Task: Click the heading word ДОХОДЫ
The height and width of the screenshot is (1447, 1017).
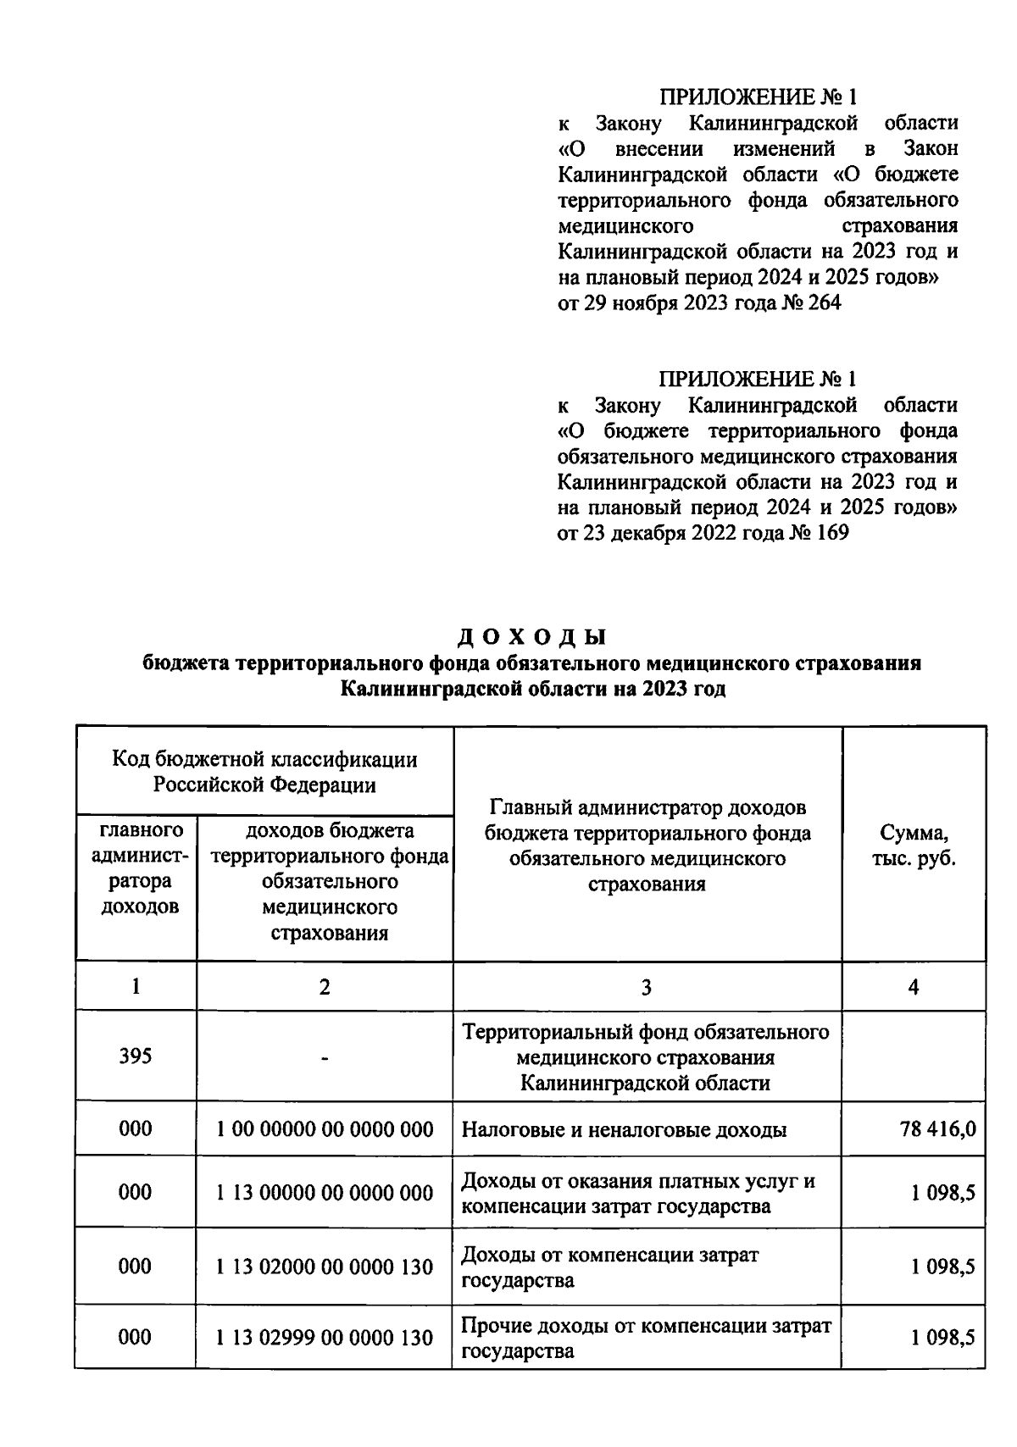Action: point(533,637)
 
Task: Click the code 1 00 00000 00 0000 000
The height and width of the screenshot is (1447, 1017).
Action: point(325,1128)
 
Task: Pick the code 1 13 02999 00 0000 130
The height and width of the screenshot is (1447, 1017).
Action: point(325,1338)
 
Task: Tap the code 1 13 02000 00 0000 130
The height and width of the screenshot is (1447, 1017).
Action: point(325,1267)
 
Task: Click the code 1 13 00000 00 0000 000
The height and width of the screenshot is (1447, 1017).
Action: point(325,1193)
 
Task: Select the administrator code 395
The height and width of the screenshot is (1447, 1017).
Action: point(136,1056)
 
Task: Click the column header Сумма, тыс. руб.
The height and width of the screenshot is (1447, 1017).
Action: point(914,845)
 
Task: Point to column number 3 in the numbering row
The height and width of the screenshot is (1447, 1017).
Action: point(647,987)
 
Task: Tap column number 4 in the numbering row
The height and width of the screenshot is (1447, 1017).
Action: point(914,987)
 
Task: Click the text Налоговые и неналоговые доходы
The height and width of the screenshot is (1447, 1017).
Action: point(624,1129)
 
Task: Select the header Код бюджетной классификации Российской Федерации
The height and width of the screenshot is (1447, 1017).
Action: point(264,772)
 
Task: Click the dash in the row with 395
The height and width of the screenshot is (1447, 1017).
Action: point(325,1057)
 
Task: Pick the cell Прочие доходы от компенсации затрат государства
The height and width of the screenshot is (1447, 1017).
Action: point(646,1338)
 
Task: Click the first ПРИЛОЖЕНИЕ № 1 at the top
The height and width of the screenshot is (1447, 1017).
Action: point(758,97)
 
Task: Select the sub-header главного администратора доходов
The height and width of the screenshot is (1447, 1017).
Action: point(136,868)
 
